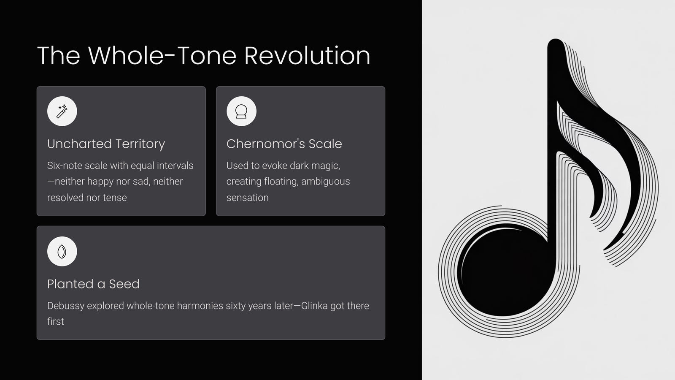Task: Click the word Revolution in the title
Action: [x=307, y=55]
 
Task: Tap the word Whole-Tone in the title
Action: [x=162, y=55]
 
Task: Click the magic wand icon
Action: [x=62, y=111]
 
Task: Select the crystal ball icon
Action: [x=241, y=111]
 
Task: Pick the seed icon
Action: [x=62, y=251]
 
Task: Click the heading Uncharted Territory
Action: [x=106, y=144]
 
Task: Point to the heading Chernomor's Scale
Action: [x=284, y=144]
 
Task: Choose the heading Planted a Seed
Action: [x=93, y=284]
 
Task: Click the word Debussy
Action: [x=66, y=306]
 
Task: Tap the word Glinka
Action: [x=314, y=306]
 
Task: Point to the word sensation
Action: [x=247, y=198]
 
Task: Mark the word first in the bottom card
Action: [x=56, y=321]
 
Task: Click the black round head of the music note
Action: [x=506, y=270]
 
